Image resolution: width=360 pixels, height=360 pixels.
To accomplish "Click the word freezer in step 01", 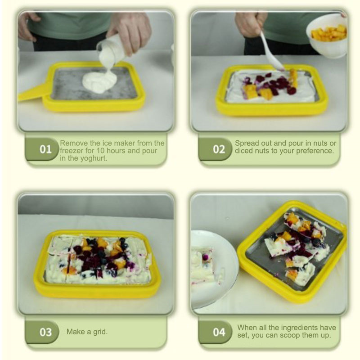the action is (x=72, y=151).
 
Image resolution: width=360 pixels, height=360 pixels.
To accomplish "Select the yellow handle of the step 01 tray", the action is (x=31, y=93).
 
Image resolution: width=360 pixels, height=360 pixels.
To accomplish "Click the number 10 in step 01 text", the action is (x=100, y=151).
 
